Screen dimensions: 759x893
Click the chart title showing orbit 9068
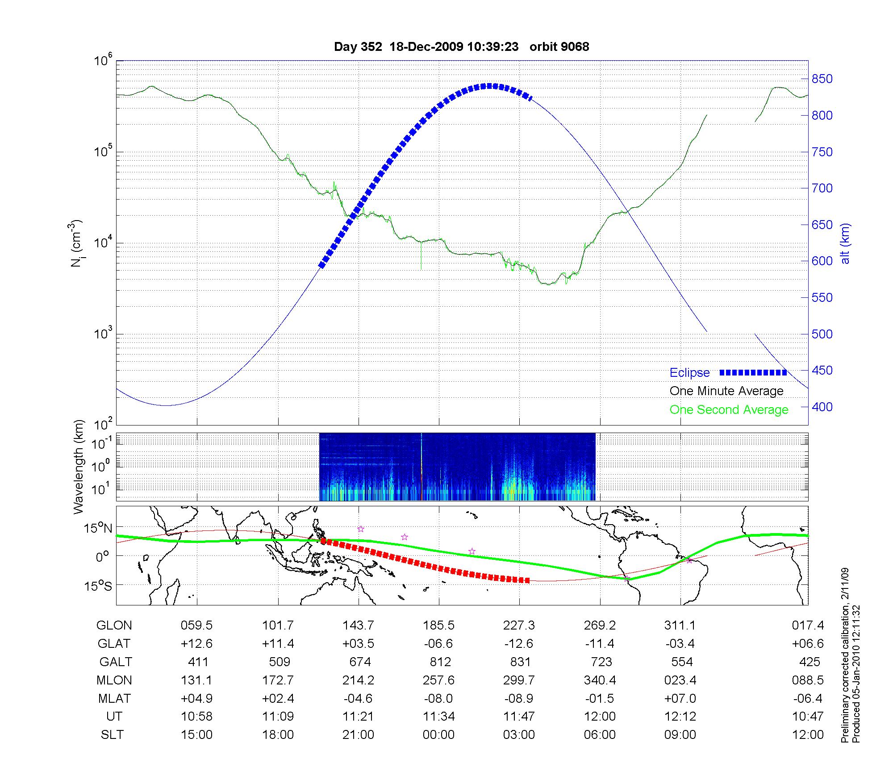tap(461, 47)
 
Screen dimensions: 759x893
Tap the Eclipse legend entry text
tap(689, 373)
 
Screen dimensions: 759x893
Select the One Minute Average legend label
tap(726, 391)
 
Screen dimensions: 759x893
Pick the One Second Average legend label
tap(729, 410)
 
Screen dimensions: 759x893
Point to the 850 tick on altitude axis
tap(822, 79)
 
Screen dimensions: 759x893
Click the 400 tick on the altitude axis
tap(822, 407)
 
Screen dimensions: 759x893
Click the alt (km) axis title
tap(845, 243)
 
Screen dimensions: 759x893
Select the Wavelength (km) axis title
tap(79, 467)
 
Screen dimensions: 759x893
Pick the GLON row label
tap(114, 626)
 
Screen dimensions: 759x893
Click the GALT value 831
tap(520, 662)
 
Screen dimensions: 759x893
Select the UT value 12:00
tap(600, 717)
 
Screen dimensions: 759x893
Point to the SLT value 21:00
tap(358, 735)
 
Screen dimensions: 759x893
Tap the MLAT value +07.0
tap(680, 698)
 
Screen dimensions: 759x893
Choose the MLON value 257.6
tap(439, 680)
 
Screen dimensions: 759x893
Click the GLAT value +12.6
tap(196, 644)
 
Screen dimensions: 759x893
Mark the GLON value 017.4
tap(808, 626)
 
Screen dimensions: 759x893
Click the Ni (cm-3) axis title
tap(76, 243)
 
